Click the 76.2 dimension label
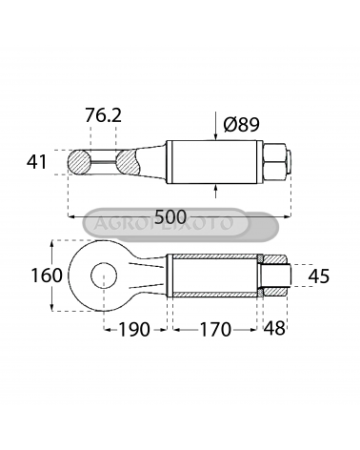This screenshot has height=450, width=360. point(103,115)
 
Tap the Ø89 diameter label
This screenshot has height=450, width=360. point(242,124)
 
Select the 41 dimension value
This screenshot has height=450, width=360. point(37,162)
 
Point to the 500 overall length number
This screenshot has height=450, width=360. point(170,217)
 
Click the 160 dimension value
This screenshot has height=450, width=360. point(47,276)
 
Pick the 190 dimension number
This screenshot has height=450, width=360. point(134,330)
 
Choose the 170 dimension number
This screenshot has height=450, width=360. point(215,330)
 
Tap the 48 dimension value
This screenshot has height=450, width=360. point(274,328)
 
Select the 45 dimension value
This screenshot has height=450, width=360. point(319,276)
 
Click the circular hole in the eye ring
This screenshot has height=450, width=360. point(104,276)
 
